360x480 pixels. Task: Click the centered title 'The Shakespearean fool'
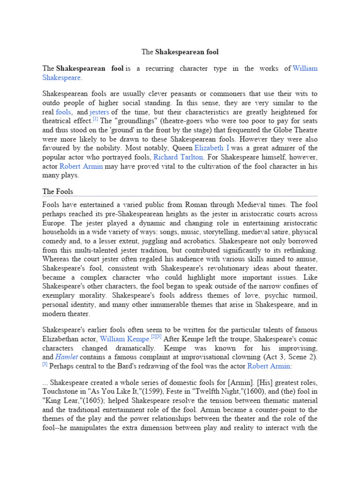click(180, 52)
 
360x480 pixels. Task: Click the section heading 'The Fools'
click(58, 191)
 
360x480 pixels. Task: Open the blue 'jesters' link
click(99, 112)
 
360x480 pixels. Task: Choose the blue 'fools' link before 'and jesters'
click(63, 112)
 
